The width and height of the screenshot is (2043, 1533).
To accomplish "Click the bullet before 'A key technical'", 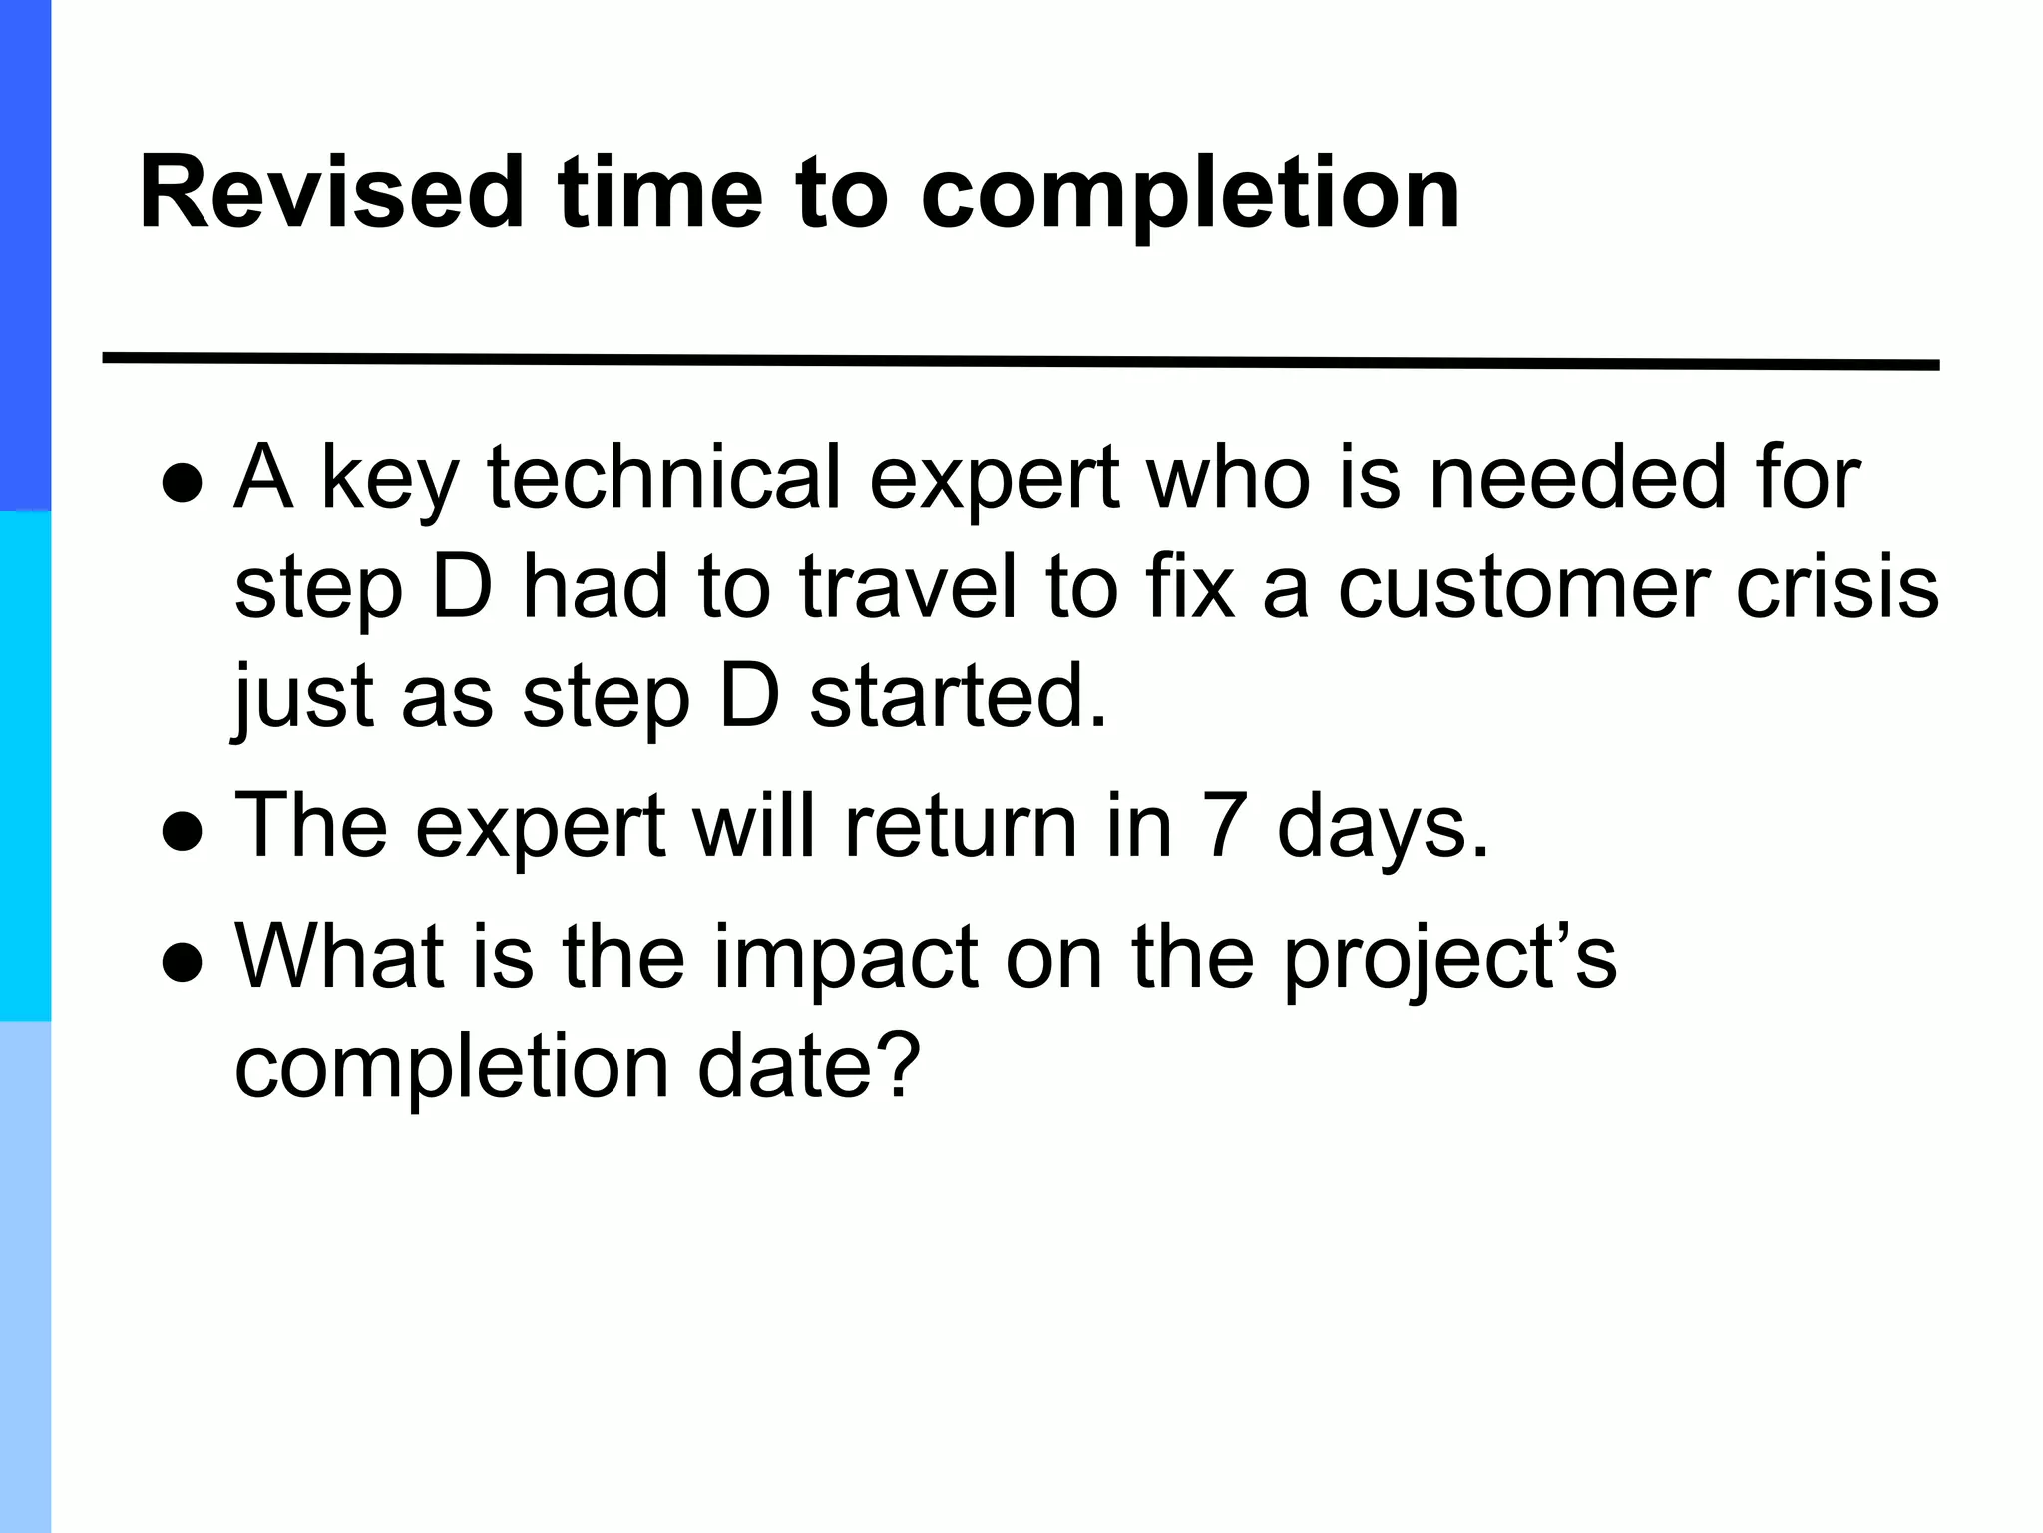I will tap(183, 485).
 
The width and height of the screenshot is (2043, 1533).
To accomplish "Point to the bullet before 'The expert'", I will tap(183, 832).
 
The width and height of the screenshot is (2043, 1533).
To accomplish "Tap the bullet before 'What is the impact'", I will tap(183, 963).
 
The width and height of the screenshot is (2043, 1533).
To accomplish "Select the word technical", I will tap(664, 477).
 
